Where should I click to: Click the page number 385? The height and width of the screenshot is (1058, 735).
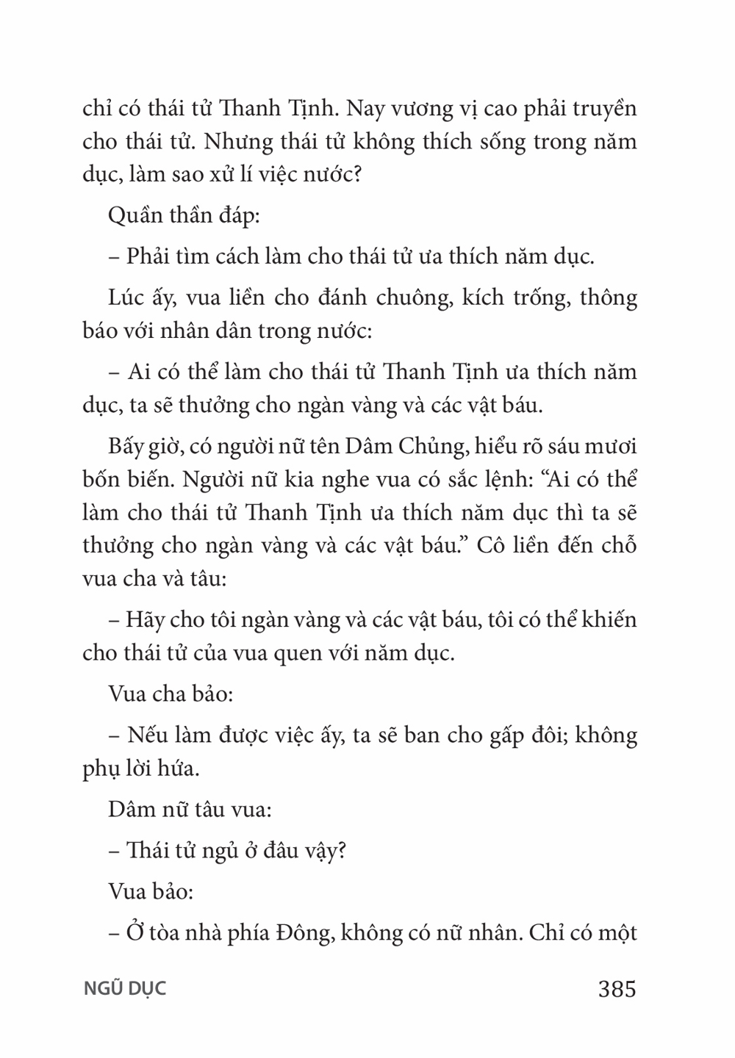(617, 989)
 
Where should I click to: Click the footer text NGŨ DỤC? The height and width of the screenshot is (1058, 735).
(124, 989)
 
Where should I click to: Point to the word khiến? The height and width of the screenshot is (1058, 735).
(607, 619)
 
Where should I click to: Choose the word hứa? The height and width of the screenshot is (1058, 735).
(177, 769)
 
